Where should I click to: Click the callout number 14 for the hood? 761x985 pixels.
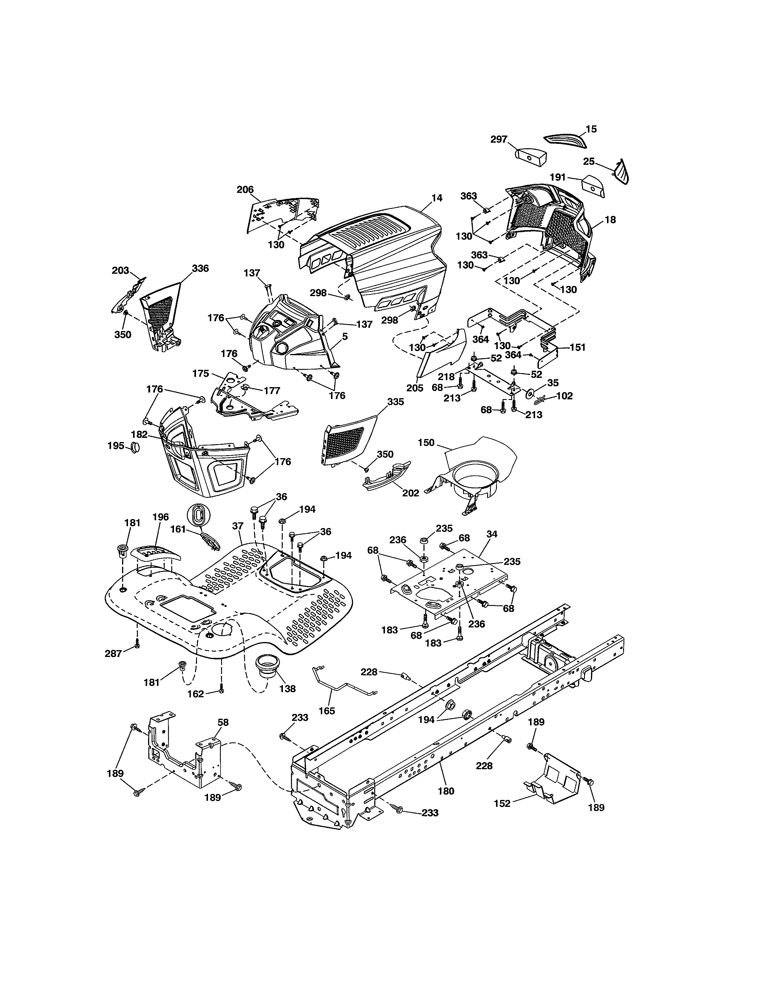tap(436, 198)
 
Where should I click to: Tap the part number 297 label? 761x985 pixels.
tap(499, 139)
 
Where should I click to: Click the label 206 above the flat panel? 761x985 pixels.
tap(245, 190)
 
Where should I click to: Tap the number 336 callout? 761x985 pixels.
tap(200, 268)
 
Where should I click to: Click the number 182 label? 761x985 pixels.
tap(139, 434)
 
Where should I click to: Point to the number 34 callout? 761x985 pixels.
tap(492, 534)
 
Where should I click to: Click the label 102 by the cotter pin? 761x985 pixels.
tap(564, 396)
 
